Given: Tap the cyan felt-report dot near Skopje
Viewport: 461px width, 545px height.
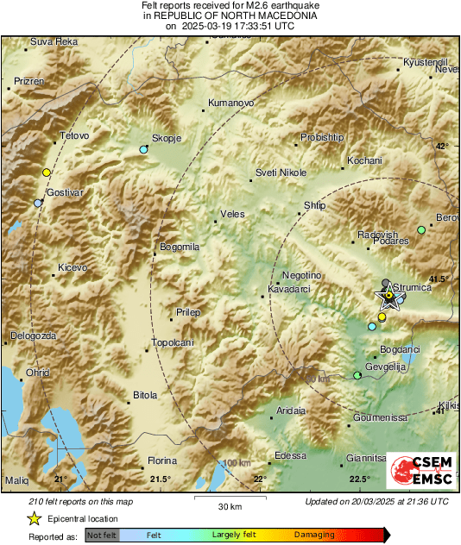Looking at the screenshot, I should click(144, 150).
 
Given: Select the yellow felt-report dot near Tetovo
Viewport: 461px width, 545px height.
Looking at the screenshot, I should click(47, 172).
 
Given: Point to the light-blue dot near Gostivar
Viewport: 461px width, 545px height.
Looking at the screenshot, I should click(38, 204).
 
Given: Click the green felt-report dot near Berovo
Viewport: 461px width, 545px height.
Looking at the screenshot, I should click(421, 230).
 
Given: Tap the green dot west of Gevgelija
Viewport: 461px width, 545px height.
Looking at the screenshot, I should click(357, 375).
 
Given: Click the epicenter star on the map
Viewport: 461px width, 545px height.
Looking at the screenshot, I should click(388, 298).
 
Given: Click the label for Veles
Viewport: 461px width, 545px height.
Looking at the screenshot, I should click(233, 214).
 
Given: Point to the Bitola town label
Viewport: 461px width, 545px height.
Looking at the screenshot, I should click(145, 396).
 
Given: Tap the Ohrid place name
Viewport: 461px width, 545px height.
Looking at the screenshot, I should click(37, 373).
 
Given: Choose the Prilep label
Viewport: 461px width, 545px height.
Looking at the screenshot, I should click(188, 312).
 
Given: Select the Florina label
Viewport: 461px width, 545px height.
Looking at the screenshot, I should click(162, 461).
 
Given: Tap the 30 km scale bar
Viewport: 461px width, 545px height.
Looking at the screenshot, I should click(229, 498).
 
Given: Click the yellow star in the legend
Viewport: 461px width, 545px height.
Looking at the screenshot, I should click(34, 518).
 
